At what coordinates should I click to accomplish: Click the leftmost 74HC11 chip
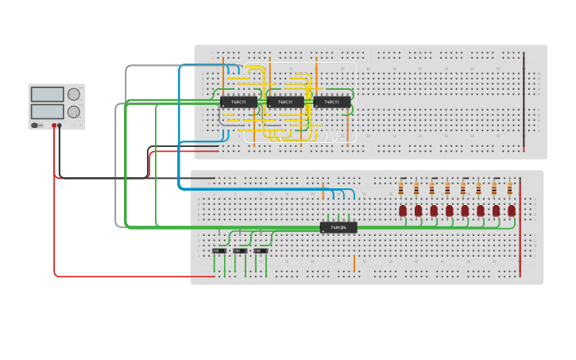[238, 102]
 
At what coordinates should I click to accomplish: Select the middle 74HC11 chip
[285, 102]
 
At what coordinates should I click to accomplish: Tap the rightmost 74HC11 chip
[332, 102]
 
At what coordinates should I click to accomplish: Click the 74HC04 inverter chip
[338, 227]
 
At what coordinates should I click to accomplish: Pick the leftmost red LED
[403, 211]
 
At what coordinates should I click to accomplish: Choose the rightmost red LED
[512, 211]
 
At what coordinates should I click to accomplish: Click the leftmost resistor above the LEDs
[401, 188]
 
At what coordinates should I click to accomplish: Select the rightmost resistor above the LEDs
[509, 188]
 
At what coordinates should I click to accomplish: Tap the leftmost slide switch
[218, 251]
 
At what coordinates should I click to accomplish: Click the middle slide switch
[239, 251]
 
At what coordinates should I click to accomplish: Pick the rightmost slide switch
[260, 251]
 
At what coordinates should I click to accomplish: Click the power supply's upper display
[47, 95]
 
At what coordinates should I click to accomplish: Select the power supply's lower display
[47, 111]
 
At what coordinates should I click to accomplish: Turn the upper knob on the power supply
[74, 95]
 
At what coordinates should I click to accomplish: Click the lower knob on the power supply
[74, 112]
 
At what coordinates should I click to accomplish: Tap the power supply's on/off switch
[35, 125]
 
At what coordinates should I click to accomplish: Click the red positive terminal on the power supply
[54, 126]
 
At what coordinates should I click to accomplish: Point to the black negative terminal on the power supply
[60, 126]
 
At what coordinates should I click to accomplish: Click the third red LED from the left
[434, 211]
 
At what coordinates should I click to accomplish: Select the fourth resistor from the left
[447, 188]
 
